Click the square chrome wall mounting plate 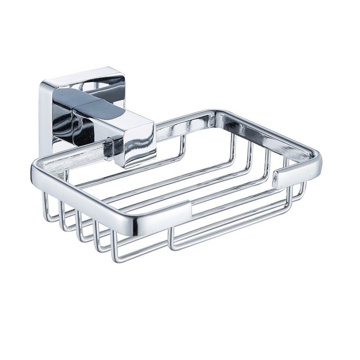click(x=56, y=107)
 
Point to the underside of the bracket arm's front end click(x=132, y=162)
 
